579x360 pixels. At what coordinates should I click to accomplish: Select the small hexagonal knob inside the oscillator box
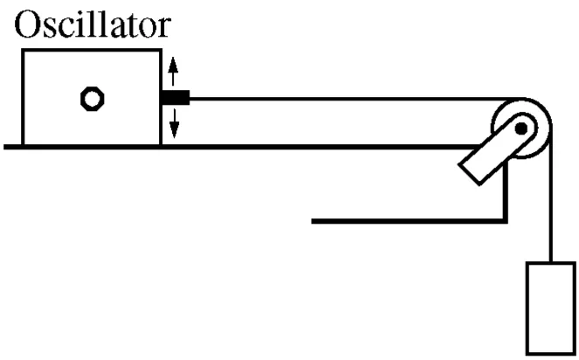(90, 98)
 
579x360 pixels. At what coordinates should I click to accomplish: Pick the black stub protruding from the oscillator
(176, 98)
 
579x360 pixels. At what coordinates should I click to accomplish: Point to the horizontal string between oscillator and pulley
(349, 98)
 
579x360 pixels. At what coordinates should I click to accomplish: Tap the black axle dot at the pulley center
(521, 130)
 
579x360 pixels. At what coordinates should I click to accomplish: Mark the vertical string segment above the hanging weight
(553, 210)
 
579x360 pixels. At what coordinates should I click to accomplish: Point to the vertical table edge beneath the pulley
(506, 188)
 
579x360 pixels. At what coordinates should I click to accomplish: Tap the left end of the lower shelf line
(313, 220)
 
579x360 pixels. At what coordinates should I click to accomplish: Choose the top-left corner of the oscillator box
(23, 52)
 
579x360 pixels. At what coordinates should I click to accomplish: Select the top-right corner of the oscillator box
(161, 52)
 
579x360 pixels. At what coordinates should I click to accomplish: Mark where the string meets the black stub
(190, 98)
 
